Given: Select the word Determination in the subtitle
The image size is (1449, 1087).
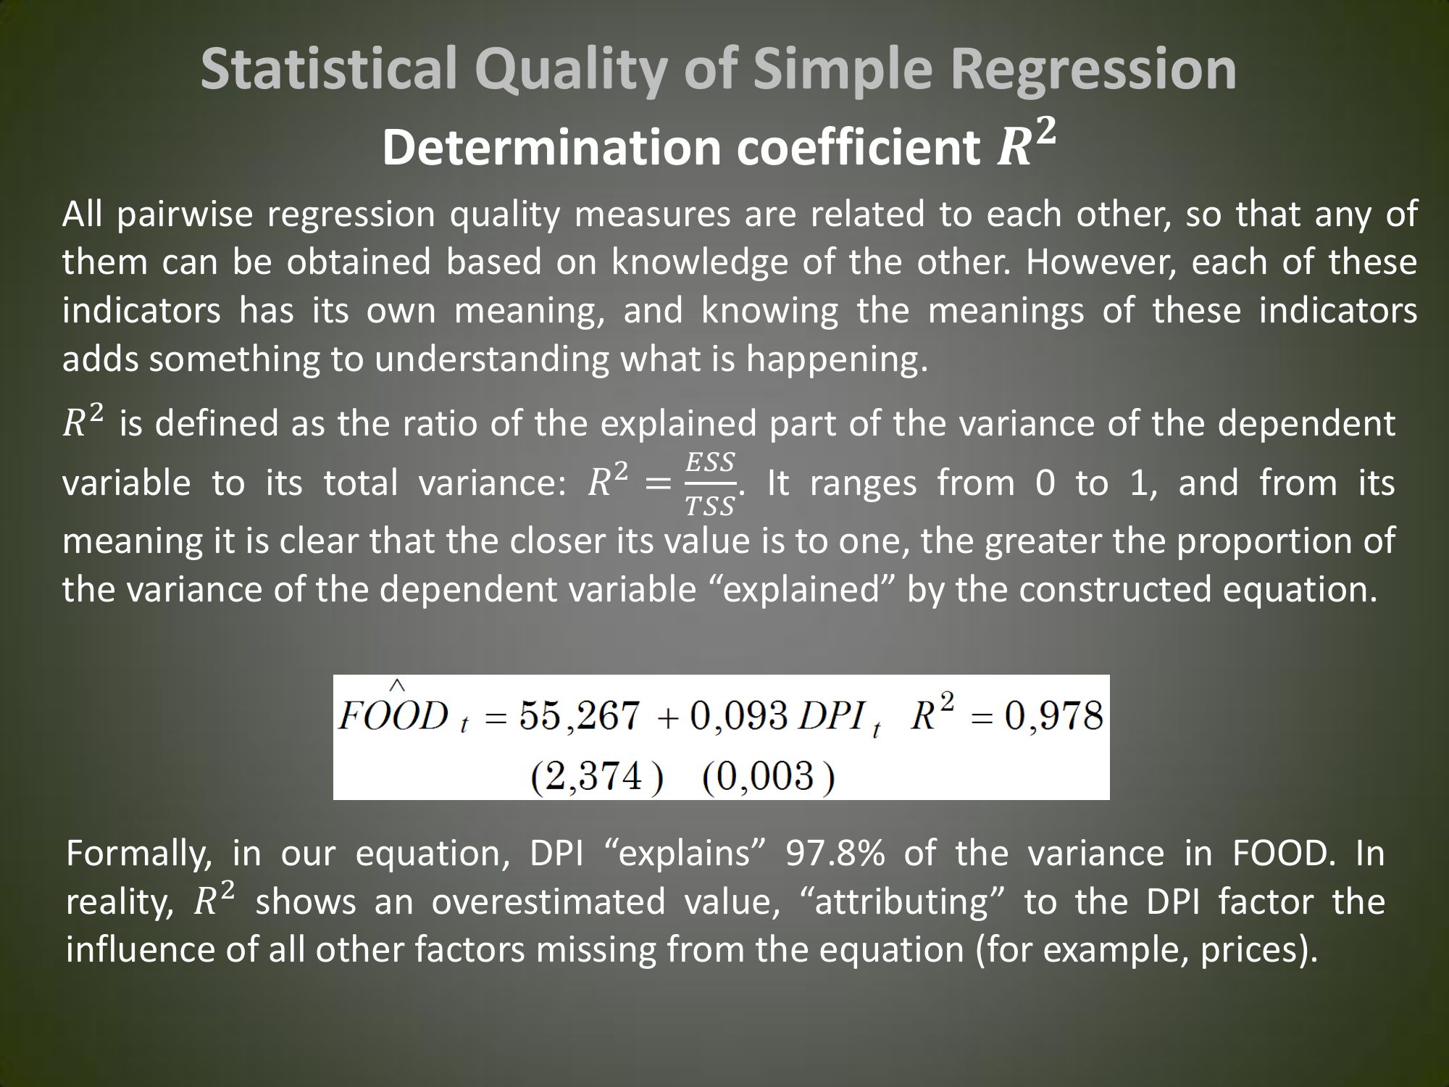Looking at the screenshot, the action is point(551,148).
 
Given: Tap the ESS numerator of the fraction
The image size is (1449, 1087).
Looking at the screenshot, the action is point(711,462).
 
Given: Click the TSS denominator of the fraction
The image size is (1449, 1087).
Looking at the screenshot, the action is point(711,506).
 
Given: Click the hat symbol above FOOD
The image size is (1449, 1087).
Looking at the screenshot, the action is point(398,685).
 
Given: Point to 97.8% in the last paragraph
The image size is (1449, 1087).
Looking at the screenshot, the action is point(835,854).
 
